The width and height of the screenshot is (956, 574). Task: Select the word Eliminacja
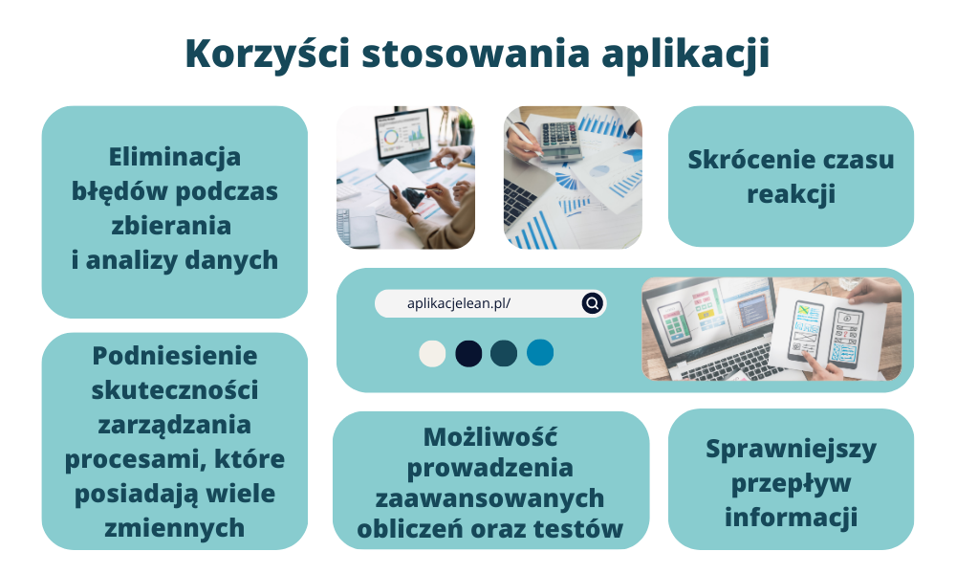coord(175,156)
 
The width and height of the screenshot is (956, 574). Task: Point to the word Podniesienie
coord(175,356)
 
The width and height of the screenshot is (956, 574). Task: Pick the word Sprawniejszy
coord(791,449)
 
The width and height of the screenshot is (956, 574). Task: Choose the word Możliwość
coord(490,437)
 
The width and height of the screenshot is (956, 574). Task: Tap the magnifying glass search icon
coord(593,303)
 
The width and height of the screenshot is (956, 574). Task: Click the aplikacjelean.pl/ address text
coord(460,303)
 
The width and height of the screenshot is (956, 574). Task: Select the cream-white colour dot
coord(433,353)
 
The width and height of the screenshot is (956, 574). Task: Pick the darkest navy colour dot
coord(468,353)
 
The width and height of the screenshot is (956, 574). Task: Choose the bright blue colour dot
coord(540,353)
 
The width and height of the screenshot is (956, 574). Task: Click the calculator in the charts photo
coord(555,136)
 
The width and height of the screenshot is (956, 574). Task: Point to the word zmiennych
coord(175,528)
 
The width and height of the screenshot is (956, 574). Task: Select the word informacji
coord(791,518)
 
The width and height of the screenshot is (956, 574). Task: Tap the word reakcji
coord(791,194)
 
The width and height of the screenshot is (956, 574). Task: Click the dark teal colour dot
coord(504,353)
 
